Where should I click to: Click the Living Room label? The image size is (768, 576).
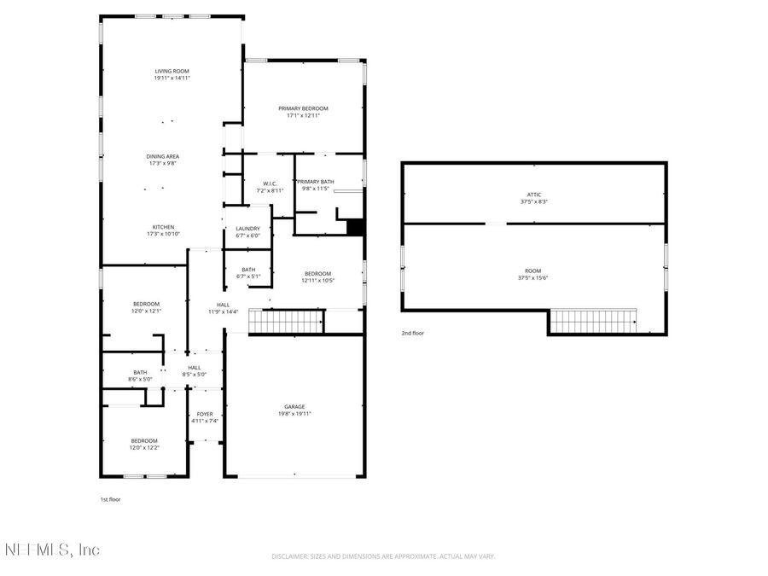pos(172,71)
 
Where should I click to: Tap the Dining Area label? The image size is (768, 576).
pos(162,156)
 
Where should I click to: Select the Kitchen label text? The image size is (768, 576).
pos(163,227)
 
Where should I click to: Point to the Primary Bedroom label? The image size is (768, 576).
pos(303,108)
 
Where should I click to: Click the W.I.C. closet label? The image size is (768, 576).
pos(270,183)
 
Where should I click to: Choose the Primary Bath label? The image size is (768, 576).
pos(317,181)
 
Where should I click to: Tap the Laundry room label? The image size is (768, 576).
pos(247,228)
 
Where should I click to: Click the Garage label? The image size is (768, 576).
pos(294,406)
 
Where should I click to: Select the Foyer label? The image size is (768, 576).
pos(205,414)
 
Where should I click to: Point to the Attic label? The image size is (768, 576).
pos(533,195)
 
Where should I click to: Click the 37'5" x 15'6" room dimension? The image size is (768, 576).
pos(533,277)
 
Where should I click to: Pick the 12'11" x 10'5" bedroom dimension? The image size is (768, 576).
pos(317,280)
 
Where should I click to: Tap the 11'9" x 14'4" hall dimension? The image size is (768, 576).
pos(223,311)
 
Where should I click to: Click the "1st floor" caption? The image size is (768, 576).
pos(111,499)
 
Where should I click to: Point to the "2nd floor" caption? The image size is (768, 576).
pos(412,333)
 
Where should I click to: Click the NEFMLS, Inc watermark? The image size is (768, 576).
pos(51,549)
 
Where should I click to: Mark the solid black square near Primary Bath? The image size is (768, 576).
pos(356,228)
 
